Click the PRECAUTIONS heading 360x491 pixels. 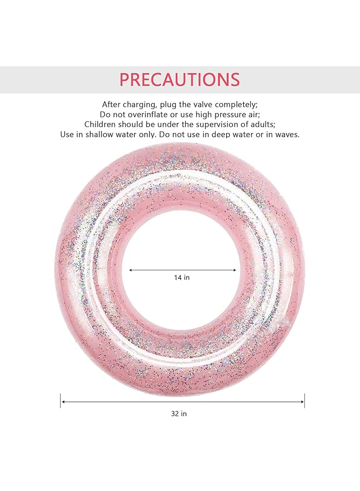point(179,80)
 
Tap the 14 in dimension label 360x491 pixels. point(182,278)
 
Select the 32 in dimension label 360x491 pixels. point(179,414)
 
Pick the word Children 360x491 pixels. point(100,124)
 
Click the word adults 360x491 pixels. point(263,124)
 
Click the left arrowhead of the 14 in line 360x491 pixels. point(131,270)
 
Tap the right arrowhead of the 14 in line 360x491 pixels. point(234,270)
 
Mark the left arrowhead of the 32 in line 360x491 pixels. point(63,402)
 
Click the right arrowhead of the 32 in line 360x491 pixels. point(302,402)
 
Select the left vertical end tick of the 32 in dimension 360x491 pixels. point(61,401)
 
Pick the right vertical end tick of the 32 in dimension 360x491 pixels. point(304,401)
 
